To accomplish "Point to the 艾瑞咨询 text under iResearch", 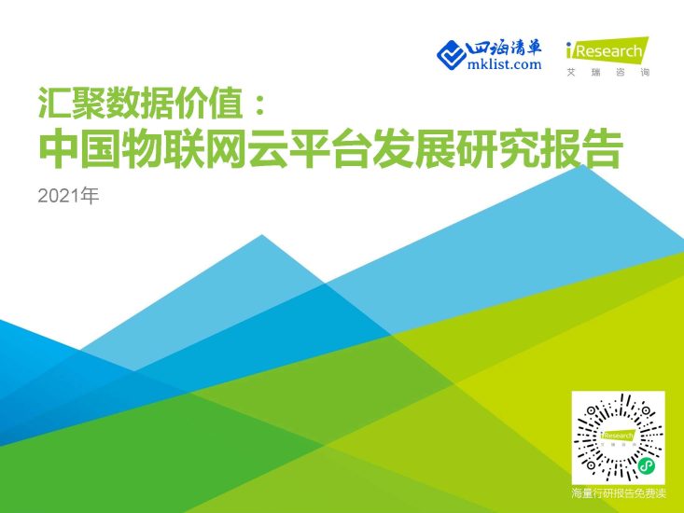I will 607,72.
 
